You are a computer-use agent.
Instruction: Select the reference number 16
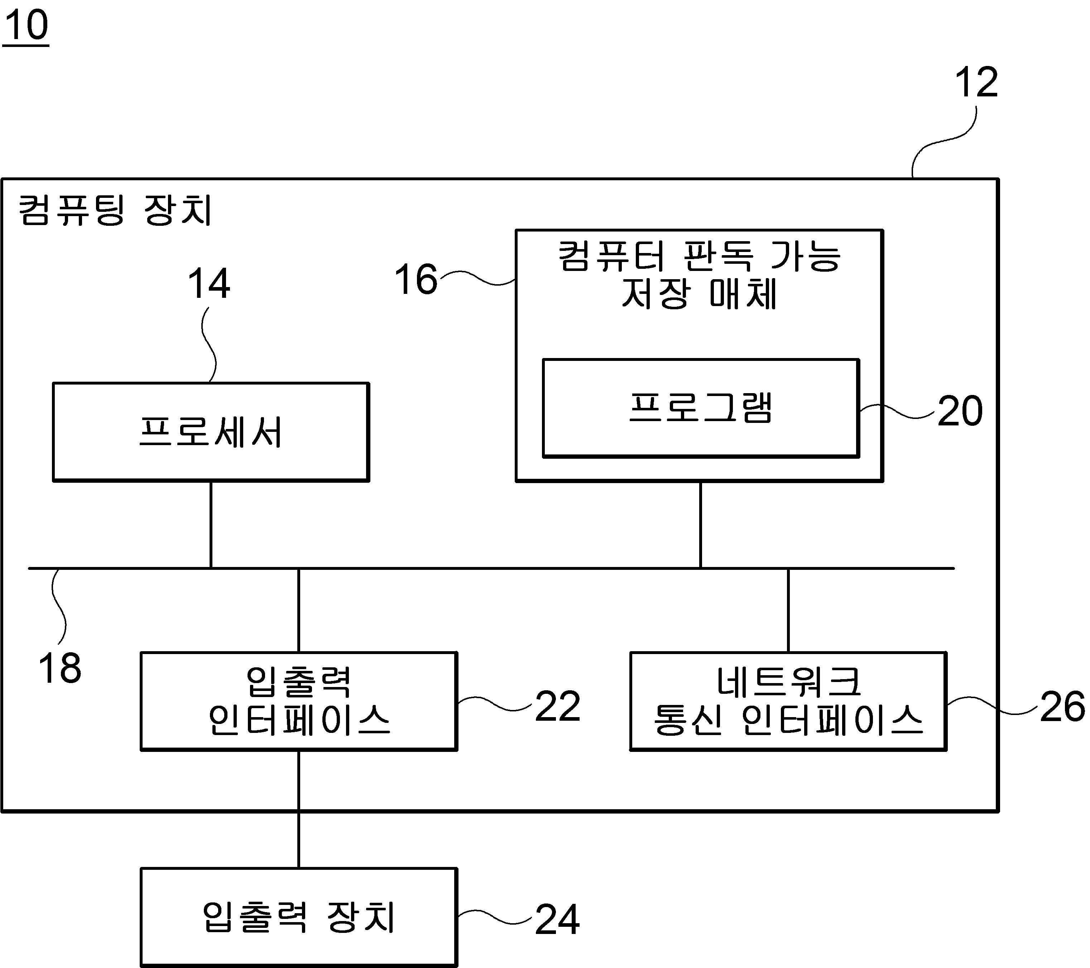(x=416, y=279)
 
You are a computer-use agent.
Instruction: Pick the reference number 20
(x=960, y=411)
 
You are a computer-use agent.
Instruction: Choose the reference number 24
(x=557, y=919)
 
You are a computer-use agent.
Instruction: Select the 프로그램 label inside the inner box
(x=701, y=408)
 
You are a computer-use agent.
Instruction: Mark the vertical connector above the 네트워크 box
(x=788, y=610)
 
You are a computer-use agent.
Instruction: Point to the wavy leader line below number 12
(x=944, y=142)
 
